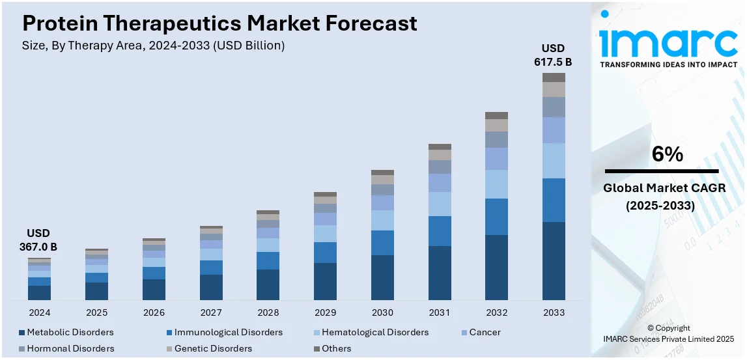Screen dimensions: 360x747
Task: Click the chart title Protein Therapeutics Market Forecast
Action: pos(219,24)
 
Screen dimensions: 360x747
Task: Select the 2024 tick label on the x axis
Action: pos(39,312)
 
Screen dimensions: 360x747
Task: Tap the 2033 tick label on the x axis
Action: pos(554,312)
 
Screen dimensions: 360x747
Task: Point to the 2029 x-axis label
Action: pos(325,312)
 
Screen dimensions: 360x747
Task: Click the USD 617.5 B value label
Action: pos(554,55)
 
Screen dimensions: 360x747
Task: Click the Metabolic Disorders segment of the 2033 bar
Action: pos(554,260)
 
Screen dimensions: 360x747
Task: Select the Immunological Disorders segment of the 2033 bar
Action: pos(554,200)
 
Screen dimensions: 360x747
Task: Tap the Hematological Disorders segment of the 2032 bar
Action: pos(496,184)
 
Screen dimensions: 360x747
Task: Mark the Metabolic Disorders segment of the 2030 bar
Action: pos(382,277)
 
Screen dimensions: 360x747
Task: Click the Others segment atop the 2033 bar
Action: pos(554,77)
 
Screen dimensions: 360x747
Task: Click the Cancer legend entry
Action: pos(485,332)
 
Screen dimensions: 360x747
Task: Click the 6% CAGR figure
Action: pos(668,155)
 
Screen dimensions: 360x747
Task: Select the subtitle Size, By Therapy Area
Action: pos(154,46)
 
